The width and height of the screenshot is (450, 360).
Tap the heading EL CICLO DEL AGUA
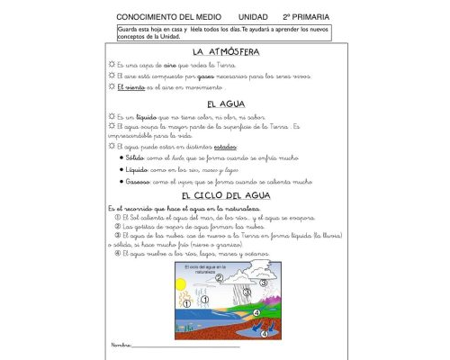225,195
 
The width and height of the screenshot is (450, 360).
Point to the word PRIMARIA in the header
311,17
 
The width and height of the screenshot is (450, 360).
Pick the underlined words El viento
130,88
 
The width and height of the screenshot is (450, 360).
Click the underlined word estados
218,146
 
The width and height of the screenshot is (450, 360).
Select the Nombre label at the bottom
121,344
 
